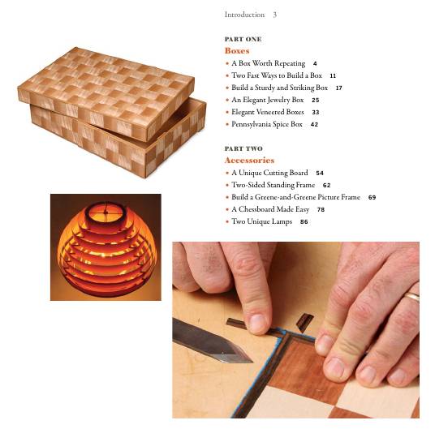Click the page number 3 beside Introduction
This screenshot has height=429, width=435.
(x=275, y=15)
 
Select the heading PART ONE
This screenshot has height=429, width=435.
(x=243, y=39)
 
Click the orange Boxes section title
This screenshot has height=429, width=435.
(x=237, y=51)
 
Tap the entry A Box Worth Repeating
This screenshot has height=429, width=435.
(x=268, y=63)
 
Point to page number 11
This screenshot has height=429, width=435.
(x=333, y=75)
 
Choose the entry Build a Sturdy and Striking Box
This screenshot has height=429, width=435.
(x=279, y=88)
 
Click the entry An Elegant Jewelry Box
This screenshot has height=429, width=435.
(x=267, y=100)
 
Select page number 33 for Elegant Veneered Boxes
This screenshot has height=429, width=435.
(x=315, y=113)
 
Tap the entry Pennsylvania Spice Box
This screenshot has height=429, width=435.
(x=266, y=125)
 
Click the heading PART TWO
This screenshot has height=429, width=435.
(x=243, y=149)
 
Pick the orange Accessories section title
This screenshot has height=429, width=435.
(x=249, y=161)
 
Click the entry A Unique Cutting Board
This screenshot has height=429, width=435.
(x=269, y=173)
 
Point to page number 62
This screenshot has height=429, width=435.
(x=326, y=186)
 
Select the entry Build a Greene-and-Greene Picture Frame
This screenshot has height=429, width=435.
(x=295, y=197)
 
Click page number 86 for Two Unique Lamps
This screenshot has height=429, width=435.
(x=304, y=222)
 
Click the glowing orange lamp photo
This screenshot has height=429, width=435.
(x=106, y=247)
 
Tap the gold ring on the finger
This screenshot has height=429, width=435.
(x=412, y=297)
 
